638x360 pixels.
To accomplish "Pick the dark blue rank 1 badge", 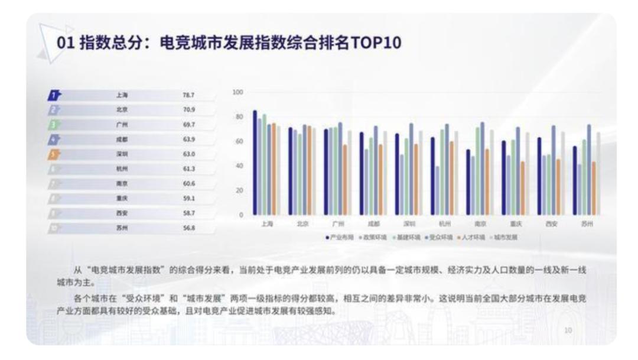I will pyautogui.click(x=54, y=95).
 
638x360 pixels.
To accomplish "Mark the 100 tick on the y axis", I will pyautogui.click(x=239, y=93).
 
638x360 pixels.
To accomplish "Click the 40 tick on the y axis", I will pyautogui.click(x=239, y=166).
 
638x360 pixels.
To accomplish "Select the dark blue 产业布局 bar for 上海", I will pyautogui.click(x=255, y=162).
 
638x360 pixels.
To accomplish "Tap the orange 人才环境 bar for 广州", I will pyautogui.click(x=345, y=179).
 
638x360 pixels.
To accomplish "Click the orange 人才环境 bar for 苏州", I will pyautogui.click(x=593, y=187).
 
